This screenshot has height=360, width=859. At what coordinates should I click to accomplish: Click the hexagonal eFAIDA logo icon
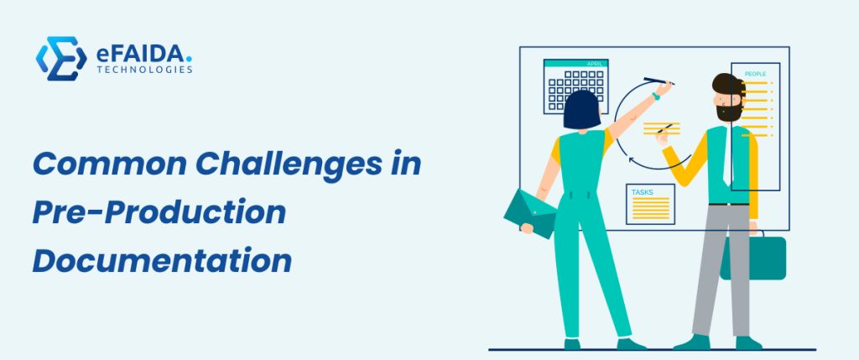61,59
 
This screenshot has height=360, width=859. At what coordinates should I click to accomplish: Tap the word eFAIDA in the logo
141,53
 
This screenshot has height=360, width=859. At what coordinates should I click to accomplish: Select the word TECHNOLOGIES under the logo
144,70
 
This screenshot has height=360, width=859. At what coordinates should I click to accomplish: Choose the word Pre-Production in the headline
159,212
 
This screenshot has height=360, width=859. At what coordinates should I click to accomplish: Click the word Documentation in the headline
162,261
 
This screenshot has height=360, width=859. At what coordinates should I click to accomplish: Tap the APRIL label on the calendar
595,64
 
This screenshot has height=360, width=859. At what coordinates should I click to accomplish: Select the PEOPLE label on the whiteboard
755,74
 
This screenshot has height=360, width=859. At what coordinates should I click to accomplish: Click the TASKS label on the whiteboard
642,192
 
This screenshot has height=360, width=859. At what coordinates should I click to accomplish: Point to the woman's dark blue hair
582,110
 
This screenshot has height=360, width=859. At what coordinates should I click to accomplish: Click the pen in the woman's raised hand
659,81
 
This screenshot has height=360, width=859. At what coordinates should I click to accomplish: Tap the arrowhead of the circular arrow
632,160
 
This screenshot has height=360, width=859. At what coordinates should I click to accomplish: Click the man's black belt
729,205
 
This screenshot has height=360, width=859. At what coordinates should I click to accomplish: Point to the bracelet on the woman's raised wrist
656,97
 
